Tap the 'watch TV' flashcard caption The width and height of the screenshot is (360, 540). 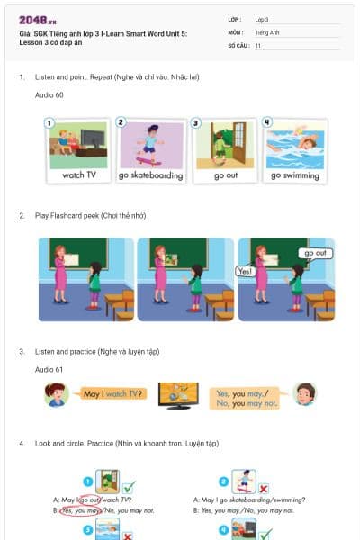pos(78,175)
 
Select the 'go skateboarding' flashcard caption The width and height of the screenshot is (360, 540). pos(151,175)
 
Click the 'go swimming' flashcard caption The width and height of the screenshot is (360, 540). pos(295,175)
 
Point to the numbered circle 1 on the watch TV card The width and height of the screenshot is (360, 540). pos(49,122)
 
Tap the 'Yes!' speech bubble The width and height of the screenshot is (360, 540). pos(245,270)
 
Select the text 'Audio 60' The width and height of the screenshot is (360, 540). pos(49,94)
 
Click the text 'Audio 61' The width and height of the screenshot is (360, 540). pos(49,370)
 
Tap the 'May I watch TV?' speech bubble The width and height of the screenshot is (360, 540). pos(111,394)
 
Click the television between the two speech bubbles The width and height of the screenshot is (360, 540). pos(178,395)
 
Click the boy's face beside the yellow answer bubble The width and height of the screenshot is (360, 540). pos(305,394)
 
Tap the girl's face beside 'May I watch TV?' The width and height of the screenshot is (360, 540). pos(56,394)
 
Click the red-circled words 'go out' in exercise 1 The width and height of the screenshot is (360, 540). pos(90,500)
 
